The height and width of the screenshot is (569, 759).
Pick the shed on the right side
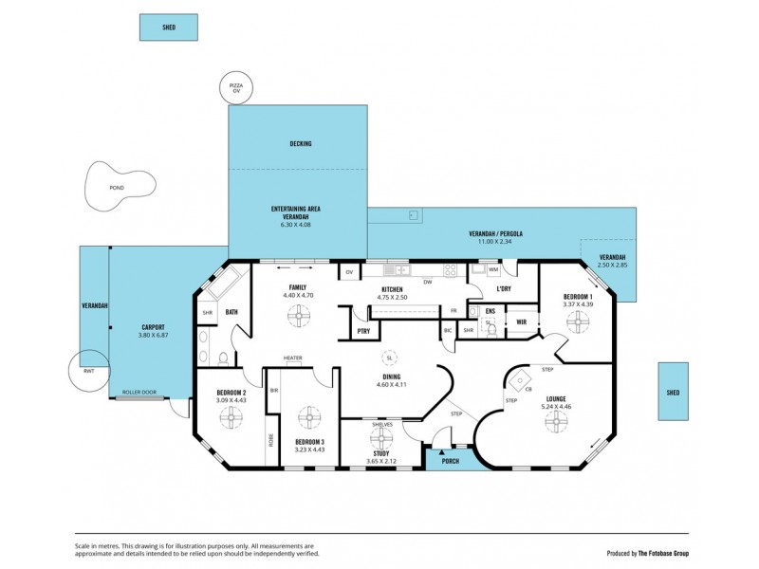673,391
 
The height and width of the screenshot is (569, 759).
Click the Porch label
451,462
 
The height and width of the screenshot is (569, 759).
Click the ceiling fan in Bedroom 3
308,416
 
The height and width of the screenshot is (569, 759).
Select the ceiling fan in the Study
381,438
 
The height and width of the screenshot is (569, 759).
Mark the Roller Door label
139,392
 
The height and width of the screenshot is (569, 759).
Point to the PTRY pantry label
363,331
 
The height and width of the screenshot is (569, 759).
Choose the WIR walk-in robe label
521,321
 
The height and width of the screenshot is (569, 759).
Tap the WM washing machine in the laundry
494,270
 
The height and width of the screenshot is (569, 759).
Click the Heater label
292,358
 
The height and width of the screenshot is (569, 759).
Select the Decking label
300,144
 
